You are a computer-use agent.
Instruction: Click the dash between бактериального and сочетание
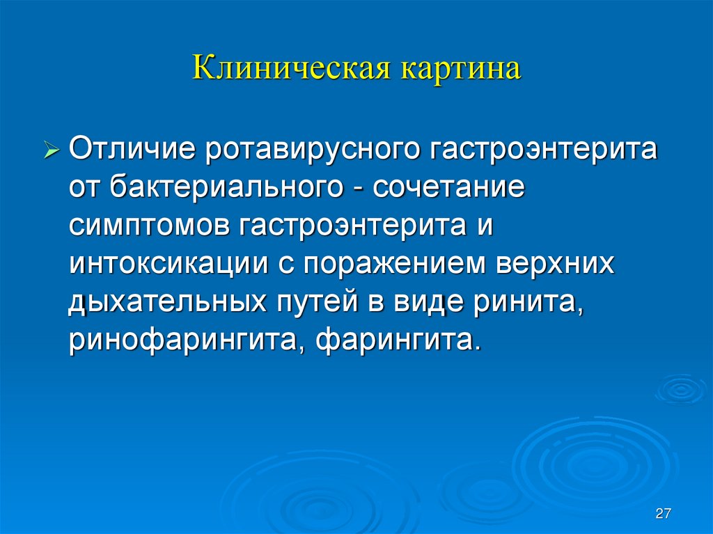coord(362,191)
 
